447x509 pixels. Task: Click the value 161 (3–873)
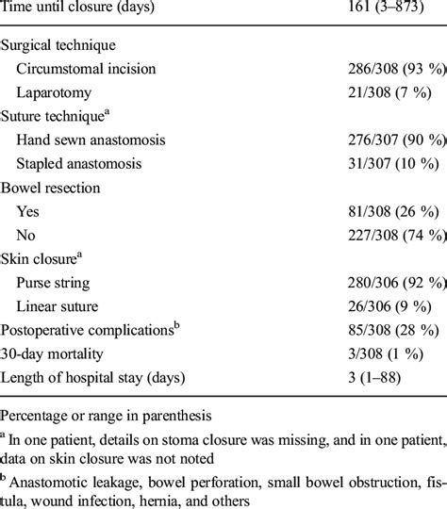click(382, 11)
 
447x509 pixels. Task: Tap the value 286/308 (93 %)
click(393, 68)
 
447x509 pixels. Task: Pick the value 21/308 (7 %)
click(388, 91)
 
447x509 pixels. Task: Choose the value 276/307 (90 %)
click(393, 140)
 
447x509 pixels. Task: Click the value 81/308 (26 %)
click(389, 211)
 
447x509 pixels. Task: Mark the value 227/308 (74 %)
click(393, 235)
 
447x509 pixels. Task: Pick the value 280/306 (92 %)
click(393, 283)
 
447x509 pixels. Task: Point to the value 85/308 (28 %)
click(389, 331)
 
